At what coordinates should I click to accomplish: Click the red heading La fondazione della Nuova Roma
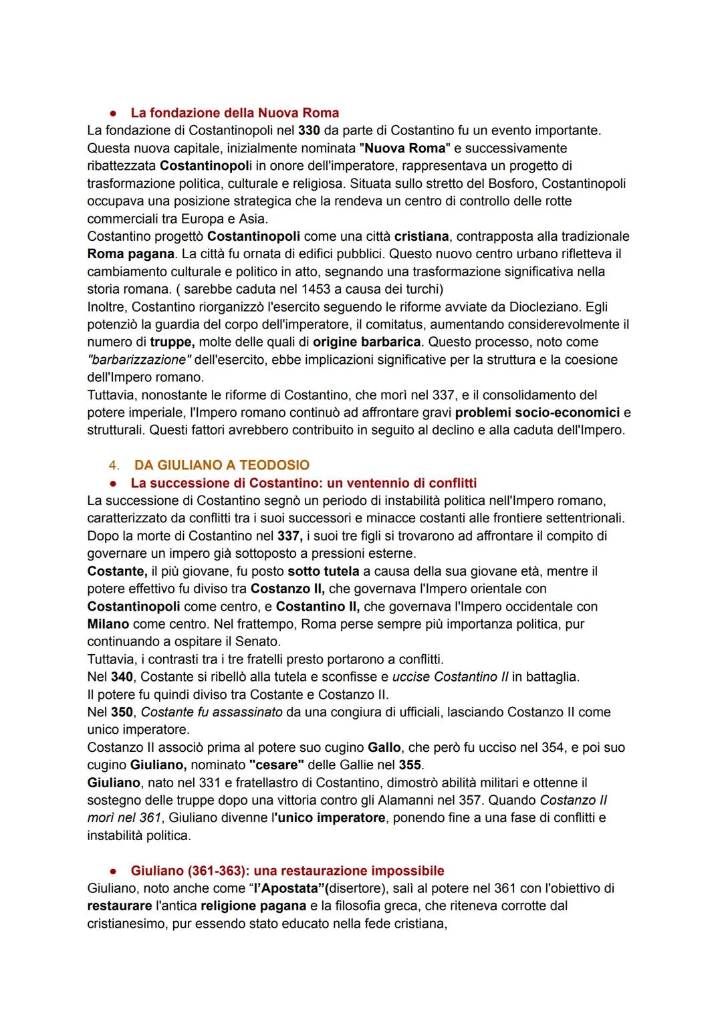pos(235,112)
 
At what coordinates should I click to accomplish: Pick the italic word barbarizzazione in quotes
pos(139,360)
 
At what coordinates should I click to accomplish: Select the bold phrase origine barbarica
pos(367,342)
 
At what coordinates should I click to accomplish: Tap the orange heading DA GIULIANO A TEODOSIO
pos(222,465)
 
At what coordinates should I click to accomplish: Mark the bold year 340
pos(122,677)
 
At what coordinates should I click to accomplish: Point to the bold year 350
pos(122,712)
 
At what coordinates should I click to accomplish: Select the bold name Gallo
pos(384,747)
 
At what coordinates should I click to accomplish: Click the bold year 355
pos(410,764)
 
